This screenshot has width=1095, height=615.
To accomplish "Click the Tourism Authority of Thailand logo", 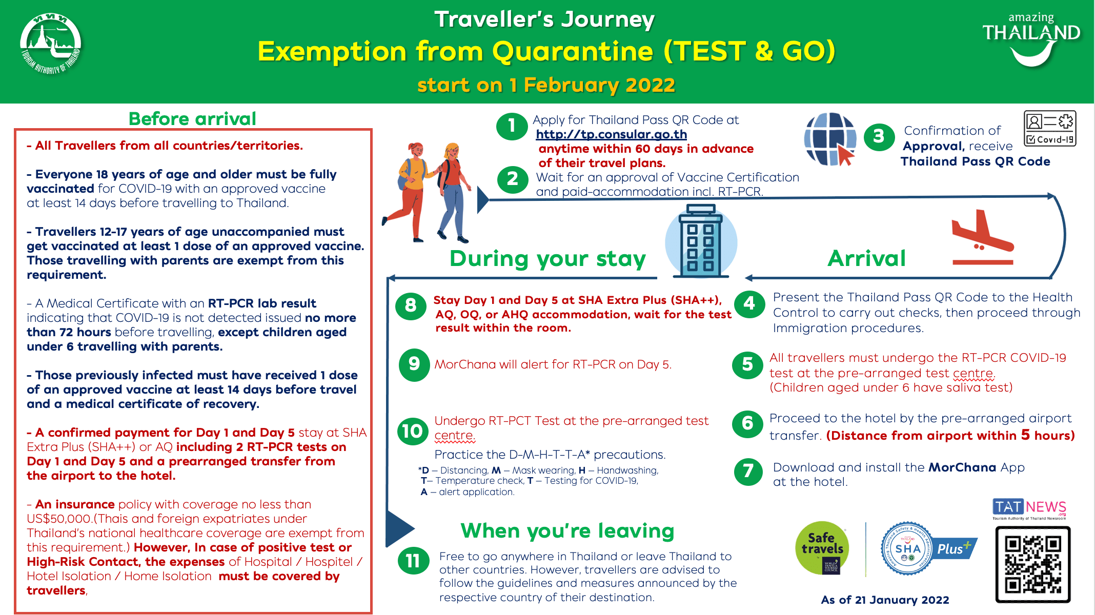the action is (x=50, y=44).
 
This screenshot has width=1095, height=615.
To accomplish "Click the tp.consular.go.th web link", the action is (x=611, y=134).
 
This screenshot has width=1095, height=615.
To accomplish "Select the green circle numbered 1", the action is (x=512, y=126).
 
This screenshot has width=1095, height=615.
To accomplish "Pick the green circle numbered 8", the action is (x=411, y=306).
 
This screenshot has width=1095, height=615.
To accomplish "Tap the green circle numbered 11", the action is (x=413, y=561).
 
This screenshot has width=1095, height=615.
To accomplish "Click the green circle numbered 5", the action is (x=747, y=364).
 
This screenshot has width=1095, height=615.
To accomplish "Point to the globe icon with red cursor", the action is (x=830, y=139).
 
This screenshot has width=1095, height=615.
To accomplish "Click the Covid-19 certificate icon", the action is (x=1050, y=129).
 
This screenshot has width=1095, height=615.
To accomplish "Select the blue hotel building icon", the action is (x=701, y=241).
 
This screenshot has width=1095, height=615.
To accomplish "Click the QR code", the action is (x=1032, y=564).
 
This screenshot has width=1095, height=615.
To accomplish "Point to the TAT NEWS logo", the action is (x=1029, y=508).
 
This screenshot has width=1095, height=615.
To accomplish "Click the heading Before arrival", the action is (x=192, y=119).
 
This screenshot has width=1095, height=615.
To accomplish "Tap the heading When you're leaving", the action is (x=567, y=531).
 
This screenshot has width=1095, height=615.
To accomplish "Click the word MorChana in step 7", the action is (x=962, y=467).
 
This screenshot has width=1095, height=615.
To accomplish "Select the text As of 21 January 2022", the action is (x=885, y=600).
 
